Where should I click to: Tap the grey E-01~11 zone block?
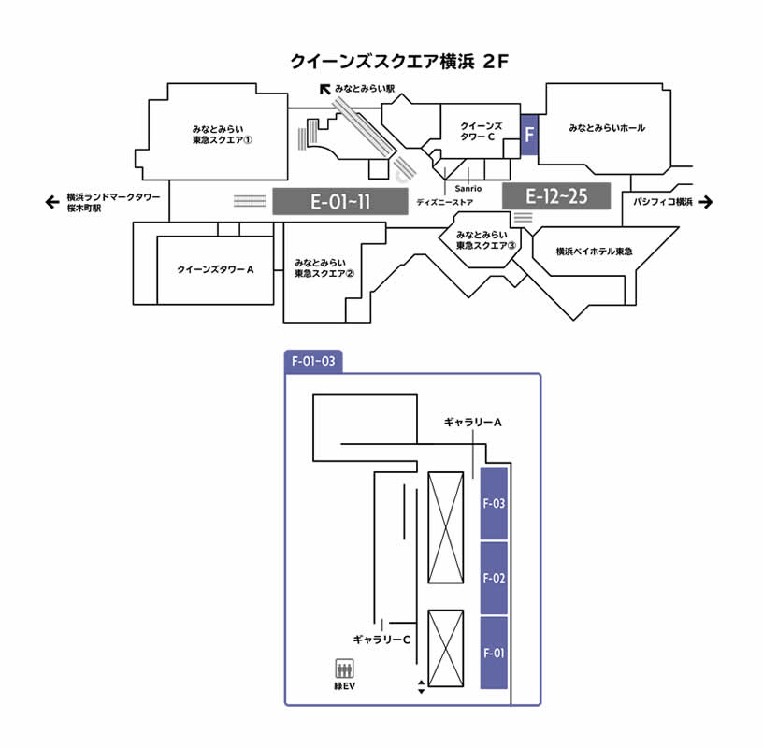pyautogui.click(x=340, y=201)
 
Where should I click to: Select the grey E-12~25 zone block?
pyautogui.click(x=556, y=195)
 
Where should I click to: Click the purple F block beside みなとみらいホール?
pyautogui.click(x=530, y=134)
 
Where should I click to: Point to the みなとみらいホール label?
pyautogui.click(x=607, y=128)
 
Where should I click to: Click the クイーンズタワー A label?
pyautogui.click(x=216, y=269)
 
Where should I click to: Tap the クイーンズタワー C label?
pyautogui.click(x=481, y=131)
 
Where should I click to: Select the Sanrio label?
pyautogui.click(x=468, y=189)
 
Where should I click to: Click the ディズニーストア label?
pyautogui.click(x=445, y=202)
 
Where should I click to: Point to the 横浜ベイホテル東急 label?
pyautogui.click(x=594, y=252)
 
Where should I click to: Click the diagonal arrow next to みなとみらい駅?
pyautogui.click(x=325, y=89)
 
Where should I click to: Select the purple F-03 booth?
pyautogui.click(x=494, y=503)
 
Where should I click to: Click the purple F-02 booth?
pyautogui.click(x=494, y=578)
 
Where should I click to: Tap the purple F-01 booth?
pyautogui.click(x=494, y=653)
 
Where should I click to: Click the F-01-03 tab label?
pyautogui.click(x=313, y=360)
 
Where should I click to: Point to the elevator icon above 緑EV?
pyautogui.click(x=345, y=669)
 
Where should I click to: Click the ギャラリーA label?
pyautogui.click(x=473, y=423)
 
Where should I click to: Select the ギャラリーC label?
pyautogui.click(x=381, y=640)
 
